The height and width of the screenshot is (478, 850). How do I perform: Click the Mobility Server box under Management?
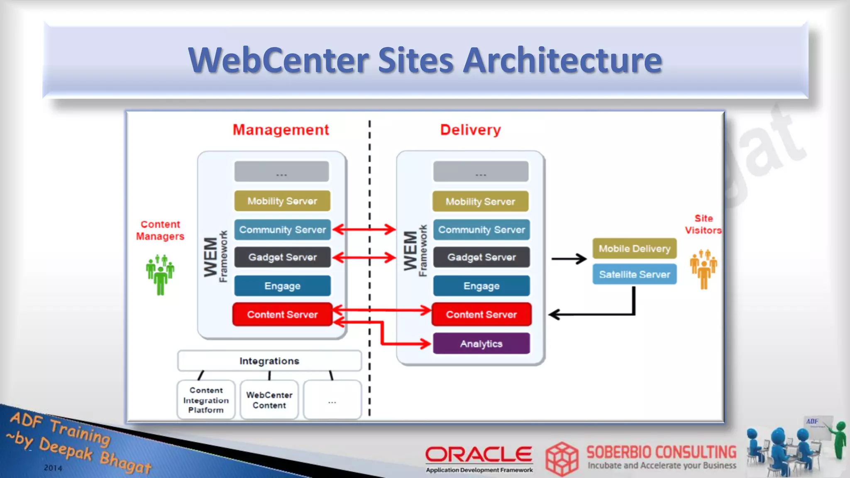click(x=282, y=201)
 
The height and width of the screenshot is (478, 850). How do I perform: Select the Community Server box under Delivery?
click(x=481, y=229)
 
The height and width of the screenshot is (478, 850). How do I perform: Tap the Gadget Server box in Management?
click(x=282, y=257)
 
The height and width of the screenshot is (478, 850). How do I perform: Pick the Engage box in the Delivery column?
click(x=481, y=286)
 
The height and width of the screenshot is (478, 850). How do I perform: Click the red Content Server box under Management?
click(x=282, y=315)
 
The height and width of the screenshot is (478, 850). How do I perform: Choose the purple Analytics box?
click(x=481, y=344)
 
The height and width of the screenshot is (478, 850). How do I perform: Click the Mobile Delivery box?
click(x=634, y=249)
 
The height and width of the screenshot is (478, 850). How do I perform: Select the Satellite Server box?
click(x=634, y=274)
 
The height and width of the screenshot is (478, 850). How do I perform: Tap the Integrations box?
click(x=269, y=361)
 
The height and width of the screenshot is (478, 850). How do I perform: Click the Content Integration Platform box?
click(x=206, y=400)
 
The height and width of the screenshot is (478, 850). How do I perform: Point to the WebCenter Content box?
click(x=269, y=400)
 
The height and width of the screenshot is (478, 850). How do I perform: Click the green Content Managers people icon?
click(x=160, y=275)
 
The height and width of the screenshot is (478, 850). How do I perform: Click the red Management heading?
click(x=281, y=130)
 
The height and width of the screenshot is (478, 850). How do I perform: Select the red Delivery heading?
click(x=470, y=130)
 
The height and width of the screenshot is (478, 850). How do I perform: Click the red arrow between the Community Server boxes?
click(x=364, y=229)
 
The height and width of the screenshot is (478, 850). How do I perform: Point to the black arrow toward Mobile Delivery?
click(x=569, y=259)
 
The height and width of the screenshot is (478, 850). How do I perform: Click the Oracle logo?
click(x=479, y=455)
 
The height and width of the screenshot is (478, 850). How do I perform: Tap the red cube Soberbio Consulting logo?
click(x=562, y=458)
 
